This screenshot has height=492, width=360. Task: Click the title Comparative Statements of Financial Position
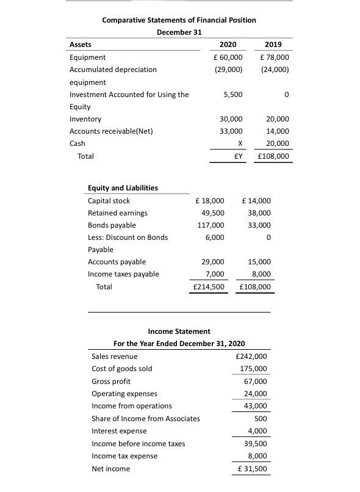(x=179, y=20)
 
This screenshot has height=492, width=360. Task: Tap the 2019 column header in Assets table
(x=274, y=45)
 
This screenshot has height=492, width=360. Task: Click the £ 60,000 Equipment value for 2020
(x=226, y=57)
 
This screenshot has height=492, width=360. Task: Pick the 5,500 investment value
(x=233, y=95)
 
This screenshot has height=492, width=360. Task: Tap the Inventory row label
(x=85, y=119)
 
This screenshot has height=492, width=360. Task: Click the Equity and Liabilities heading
(x=123, y=188)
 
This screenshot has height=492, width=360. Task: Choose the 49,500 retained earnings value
(x=212, y=213)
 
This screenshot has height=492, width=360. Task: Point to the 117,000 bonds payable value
(x=211, y=225)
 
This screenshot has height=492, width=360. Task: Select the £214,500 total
(x=208, y=286)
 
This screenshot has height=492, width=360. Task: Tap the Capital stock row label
(x=109, y=201)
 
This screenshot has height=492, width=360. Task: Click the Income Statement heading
(x=179, y=331)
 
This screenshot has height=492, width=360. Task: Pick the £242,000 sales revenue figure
(x=250, y=356)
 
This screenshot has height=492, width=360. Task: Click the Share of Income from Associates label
(x=145, y=418)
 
